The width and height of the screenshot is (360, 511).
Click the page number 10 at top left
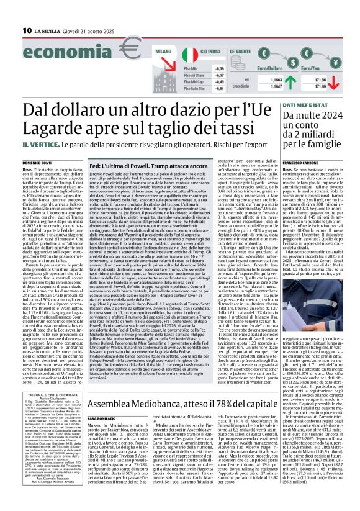pyautogui.click(x=27, y=30)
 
